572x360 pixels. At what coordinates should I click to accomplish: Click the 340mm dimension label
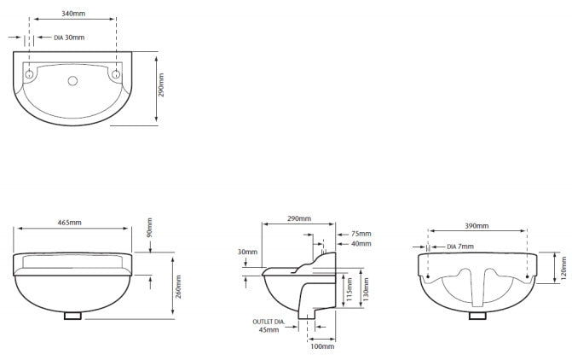[73, 14]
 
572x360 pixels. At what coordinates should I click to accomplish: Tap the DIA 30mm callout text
[69, 38]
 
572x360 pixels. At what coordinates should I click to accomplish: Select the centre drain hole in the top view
[72, 81]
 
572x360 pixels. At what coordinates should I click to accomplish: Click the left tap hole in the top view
[29, 74]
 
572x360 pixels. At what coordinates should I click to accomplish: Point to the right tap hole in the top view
[116, 74]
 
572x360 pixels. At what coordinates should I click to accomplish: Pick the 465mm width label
[70, 223]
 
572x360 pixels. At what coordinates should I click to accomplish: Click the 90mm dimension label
[149, 228]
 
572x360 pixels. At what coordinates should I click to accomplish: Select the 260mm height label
[178, 287]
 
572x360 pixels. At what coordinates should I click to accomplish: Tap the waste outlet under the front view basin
[72, 316]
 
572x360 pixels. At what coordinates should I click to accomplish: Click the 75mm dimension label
[361, 234]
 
